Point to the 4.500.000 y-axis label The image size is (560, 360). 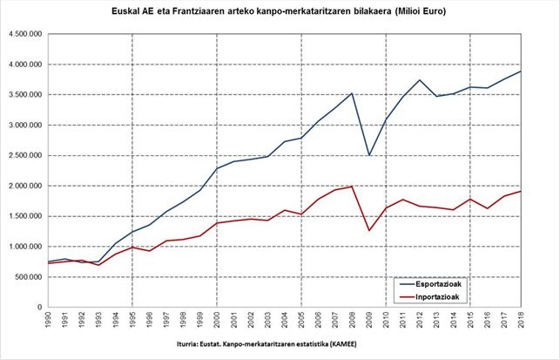pos(25,35)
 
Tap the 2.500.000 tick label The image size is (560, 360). pos(25,156)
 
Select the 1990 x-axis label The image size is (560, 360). pos(49,321)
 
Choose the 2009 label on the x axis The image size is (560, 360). pos(369,321)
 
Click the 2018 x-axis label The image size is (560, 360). pos(521,321)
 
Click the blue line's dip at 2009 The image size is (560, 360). pos(369,156)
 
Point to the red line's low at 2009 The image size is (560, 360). pos(369,231)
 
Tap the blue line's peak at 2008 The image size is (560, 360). pos(352,93)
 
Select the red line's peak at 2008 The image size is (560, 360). pos(352,186)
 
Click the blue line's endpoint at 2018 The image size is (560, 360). pos(521,71)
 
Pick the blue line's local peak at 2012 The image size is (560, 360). pos(420,80)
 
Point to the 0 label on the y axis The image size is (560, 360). pos(40,308)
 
